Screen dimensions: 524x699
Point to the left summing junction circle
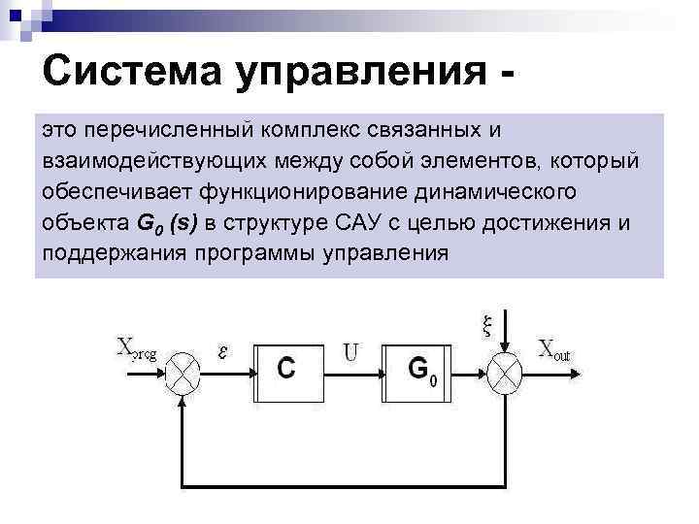pyautogui.click(x=183, y=370)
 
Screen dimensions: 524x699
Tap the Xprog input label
pyautogui.click(x=142, y=347)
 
